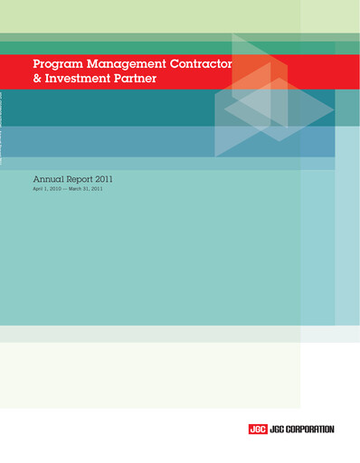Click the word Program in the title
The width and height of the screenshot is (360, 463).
56,65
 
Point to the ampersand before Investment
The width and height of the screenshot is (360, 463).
36,80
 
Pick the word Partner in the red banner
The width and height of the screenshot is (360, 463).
135,80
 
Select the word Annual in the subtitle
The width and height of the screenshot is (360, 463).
48,180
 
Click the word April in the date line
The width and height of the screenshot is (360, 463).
39,191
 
